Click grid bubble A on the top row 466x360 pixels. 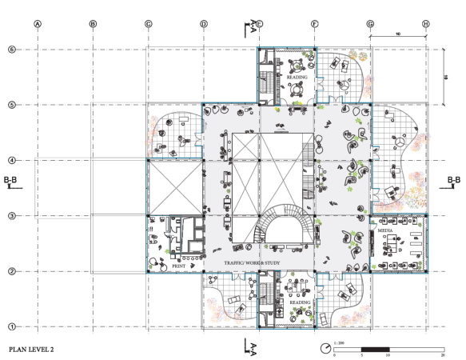click(x=37, y=24)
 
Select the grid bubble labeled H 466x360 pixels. click(x=426, y=24)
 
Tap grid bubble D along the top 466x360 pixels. click(x=204, y=24)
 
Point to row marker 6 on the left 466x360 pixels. click(x=11, y=50)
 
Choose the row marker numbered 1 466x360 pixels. click(x=11, y=326)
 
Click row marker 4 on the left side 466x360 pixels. click(x=11, y=160)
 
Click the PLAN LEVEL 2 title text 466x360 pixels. click(x=35, y=350)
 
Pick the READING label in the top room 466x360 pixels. click(x=297, y=78)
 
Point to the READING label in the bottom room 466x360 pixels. click(x=299, y=303)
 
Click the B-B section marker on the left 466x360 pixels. click(x=11, y=182)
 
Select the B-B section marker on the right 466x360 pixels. click(x=454, y=182)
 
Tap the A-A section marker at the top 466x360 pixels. click(x=251, y=26)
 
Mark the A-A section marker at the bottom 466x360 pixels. click(x=251, y=346)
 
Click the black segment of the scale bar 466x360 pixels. click(x=374, y=349)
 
